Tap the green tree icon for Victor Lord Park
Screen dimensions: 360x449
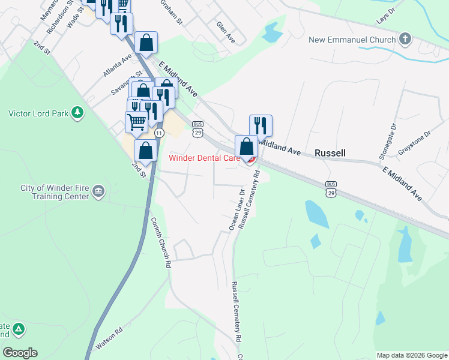click(x=77, y=113)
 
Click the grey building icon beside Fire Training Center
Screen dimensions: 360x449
click(x=99, y=193)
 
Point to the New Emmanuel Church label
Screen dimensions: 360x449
click(x=352, y=40)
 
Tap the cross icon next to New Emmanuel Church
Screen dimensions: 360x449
click(x=405, y=40)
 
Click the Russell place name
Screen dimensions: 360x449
click(x=331, y=153)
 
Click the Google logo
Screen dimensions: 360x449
click(x=20, y=353)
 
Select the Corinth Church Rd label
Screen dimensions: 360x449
click(x=160, y=242)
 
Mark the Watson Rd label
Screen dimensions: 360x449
click(x=109, y=338)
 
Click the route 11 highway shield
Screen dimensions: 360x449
click(x=158, y=132)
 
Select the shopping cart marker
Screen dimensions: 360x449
click(x=136, y=122)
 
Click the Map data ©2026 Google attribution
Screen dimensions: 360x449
click(x=412, y=355)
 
